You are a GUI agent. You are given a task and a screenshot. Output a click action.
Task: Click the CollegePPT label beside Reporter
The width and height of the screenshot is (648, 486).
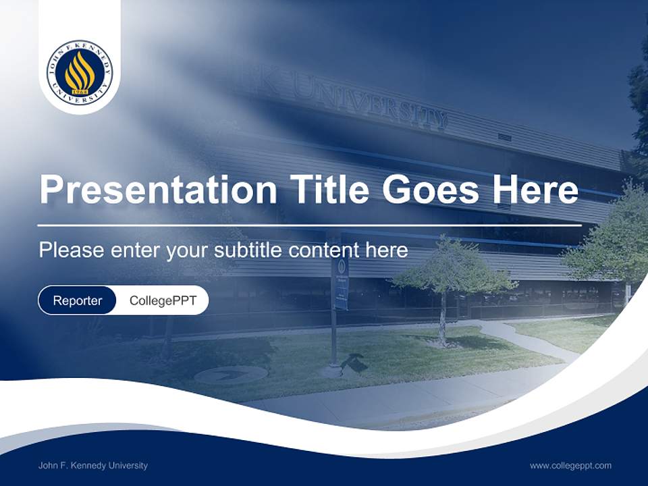click(x=163, y=300)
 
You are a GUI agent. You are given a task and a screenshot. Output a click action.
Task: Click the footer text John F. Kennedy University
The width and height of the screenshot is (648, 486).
click(x=93, y=465)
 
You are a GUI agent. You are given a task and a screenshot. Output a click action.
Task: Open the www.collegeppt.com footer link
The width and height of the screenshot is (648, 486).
click(x=570, y=465)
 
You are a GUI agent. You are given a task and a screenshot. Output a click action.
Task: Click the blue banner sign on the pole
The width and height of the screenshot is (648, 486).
click(x=341, y=283)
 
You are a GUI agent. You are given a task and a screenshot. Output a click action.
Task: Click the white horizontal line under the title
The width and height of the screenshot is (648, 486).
click(x=309, y=225)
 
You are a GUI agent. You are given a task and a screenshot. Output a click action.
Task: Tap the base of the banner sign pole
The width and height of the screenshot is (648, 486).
click(x=333, y=370)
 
